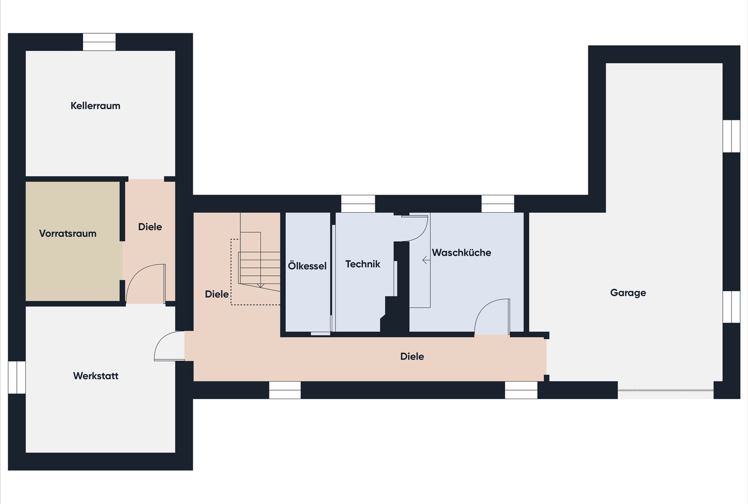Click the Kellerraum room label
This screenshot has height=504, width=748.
click(95, 106)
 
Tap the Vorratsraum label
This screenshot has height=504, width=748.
click(68, 233)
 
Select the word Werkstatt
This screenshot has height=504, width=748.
click(96, 376)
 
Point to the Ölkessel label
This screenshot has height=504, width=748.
click(307, 266)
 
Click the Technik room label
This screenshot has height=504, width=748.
click(363, 264)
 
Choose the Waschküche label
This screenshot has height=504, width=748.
click(461, 252)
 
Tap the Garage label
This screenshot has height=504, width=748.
click(628, 293)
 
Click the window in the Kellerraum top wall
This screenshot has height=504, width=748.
click(99, 42)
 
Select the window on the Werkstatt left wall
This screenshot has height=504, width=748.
click(17, 377)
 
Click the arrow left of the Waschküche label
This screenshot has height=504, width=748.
click(426, 260)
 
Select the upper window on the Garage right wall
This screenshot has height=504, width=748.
click(731, 136)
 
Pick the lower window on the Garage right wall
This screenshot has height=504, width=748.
click(731, 307)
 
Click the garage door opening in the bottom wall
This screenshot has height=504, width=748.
click(665, 390)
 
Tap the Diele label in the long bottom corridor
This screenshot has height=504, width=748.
click(412, 357)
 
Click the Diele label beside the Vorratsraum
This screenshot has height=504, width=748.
click(150, 227)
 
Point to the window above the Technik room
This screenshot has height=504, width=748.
click(358, 203)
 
